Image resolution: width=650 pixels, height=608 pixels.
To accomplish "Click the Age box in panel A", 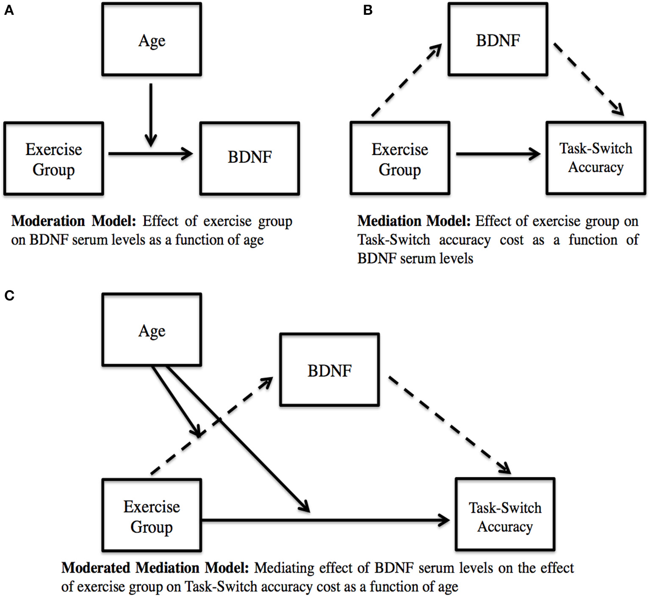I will [x=152, y=40].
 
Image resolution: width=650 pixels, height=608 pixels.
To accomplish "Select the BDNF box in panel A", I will [x=249, y=158].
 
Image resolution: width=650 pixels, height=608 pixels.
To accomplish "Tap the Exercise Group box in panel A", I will [x=53, y=159].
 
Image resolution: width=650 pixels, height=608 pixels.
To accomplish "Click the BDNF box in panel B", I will [x=498, y=40].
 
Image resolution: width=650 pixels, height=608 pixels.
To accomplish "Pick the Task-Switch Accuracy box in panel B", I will [x=595, y=158].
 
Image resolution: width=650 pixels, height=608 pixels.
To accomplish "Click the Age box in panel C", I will [x=152, y=330].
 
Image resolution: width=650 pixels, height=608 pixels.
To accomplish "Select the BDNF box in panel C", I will [x=329, y=370].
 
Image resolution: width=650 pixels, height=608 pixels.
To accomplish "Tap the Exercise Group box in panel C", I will [x=152, y=515].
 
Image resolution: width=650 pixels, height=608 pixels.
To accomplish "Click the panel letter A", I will [x=9, y=10].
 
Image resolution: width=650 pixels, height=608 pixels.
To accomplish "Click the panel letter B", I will [x=368, y=10].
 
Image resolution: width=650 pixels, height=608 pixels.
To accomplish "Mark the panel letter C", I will [x=9, y=295].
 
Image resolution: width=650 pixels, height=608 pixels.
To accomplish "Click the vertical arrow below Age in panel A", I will [x=151, y=114].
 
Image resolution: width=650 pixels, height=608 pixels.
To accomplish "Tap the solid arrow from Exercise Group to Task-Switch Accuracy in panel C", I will [x=326, y=520].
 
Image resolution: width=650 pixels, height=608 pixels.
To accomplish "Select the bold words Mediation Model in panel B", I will [x=414, y=221].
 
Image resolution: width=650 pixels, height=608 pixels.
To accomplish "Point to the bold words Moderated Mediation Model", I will [x=155, y=568].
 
